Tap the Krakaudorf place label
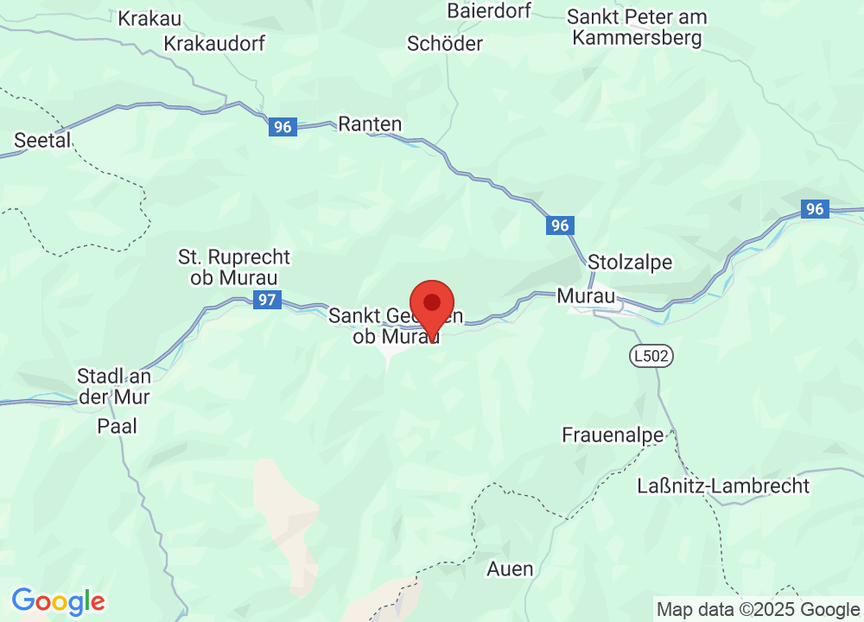click(x=214, y=43)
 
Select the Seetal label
click(x=42, y=140)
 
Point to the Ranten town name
click(x=370, y=124)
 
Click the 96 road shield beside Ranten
click(x=282, y=127)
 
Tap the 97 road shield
click(x=268, y=300)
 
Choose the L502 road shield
click(x=651, y=355)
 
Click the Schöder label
click(x=445, y=43)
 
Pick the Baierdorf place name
click(x=489, y=10)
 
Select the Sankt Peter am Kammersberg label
click(x=637, y=27)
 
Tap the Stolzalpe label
click(x=629, y=262)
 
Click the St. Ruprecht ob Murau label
click(x=234, y=267)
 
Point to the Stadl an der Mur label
click(x=113, y=386)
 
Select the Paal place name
click(x=117, y=425)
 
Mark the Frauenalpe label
click(x=612, y=434)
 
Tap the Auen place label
click(x=510, y=569)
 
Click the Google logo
click(x=58, y=601)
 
